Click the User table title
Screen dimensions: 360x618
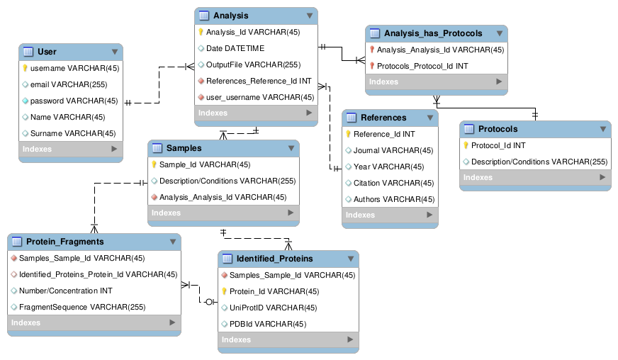pos(47,52)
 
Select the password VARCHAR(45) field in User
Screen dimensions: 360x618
pos(74,101)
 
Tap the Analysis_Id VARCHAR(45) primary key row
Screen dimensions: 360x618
pos(253,32)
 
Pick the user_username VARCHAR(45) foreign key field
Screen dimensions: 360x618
pos(259,97)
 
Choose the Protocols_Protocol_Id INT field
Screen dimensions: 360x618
pos(422,66)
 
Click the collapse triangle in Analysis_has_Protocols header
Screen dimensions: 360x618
pos(499,33)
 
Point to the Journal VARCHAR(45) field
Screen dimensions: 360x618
pos(393,150)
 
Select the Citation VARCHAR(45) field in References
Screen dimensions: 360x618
pos(393,183)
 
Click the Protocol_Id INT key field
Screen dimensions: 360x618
pos(498,145)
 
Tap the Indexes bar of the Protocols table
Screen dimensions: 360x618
pos(534,177)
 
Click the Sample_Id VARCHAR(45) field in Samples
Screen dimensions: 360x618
pos(204,164)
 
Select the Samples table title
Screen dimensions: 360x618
pos(184,148)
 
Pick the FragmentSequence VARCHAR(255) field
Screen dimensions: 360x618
pos(82,307)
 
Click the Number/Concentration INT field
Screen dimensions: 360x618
pos(65,291)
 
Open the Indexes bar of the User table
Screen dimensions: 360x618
pos(70,149)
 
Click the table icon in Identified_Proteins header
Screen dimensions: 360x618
pos(227,259)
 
